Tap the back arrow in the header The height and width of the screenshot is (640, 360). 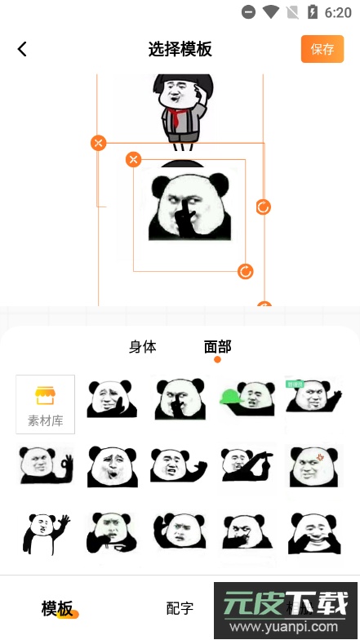(22, 49)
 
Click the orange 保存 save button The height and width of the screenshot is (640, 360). (322, 49)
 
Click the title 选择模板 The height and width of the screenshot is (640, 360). (180, 49)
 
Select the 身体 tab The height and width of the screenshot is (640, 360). (143, 346)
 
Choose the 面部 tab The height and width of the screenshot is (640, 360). (217, 346)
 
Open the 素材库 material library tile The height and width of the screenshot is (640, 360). (46, 404)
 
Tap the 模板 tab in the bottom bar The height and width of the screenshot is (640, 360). (58, 608)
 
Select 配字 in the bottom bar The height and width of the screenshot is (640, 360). (180, 608)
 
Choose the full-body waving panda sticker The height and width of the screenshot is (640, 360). (46, 532)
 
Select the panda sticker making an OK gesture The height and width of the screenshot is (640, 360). (46, 465)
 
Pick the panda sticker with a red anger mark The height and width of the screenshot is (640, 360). (313, 465)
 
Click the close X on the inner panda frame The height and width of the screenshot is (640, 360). (134, 159)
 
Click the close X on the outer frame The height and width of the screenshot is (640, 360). (99, 144)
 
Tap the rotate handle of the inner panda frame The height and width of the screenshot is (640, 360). (246, 271)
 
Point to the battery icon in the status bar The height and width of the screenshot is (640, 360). (312, 12)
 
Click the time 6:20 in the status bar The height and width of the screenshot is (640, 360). (338, 12)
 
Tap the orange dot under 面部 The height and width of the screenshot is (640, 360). (217, 359)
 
